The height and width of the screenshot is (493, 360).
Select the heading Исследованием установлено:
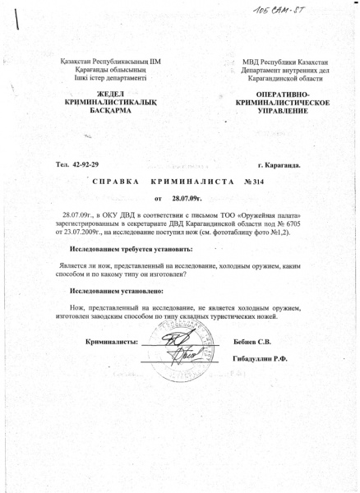point(118,291)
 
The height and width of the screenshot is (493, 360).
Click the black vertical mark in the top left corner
point(17,25)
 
